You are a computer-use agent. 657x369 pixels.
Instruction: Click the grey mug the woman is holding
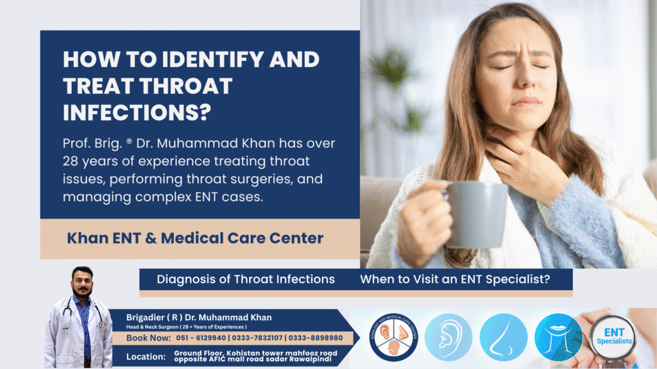pyautogui.click(x=475, y=214)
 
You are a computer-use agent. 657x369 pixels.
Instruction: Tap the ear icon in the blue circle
pyautogui.click(x=448, y=337)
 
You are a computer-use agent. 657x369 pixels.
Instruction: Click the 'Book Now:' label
pyautogui.click(x=148, y=338)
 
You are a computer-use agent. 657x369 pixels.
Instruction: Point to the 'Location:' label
pyautogui.click(x=147, y=356)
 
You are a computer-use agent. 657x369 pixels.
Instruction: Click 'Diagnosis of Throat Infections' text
pyautogui.click(x=246, y=279)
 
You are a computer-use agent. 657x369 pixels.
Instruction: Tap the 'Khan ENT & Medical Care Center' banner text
pyautogui.click(x=195, y=238)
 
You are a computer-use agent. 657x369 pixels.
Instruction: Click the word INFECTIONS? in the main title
pyautogui.click(x=137, y=111)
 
